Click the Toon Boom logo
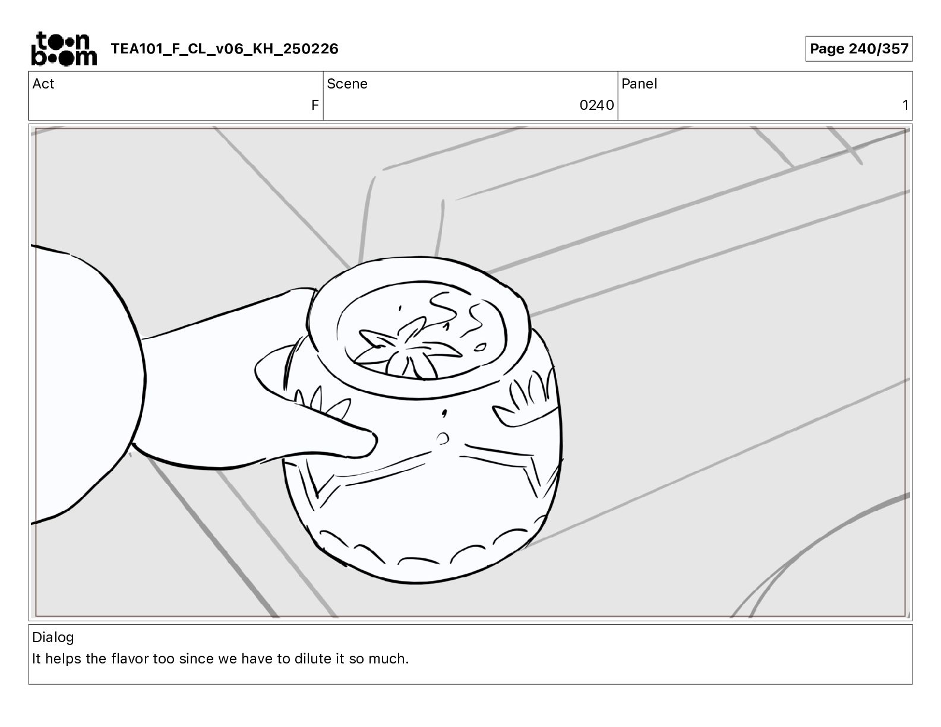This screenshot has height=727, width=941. tap(64, 49)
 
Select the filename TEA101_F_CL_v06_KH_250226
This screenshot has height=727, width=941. tap(225, 49)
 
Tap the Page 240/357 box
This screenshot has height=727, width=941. tap(859, 49)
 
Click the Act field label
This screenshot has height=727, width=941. tap(43, 84)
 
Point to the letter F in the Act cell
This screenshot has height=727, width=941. tap(315, 105)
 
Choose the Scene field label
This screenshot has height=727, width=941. tap(347, 84)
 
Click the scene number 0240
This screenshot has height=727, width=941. tap(596, 105)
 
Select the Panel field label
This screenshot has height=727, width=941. tap(639, 84)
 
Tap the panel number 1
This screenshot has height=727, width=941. tap(905, 105)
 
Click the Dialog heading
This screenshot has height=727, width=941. tap(53, 637)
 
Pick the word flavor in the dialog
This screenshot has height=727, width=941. tap(130, 659)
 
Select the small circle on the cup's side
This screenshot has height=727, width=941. tap(442, 438)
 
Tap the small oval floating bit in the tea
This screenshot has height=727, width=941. tap(480, 347)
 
